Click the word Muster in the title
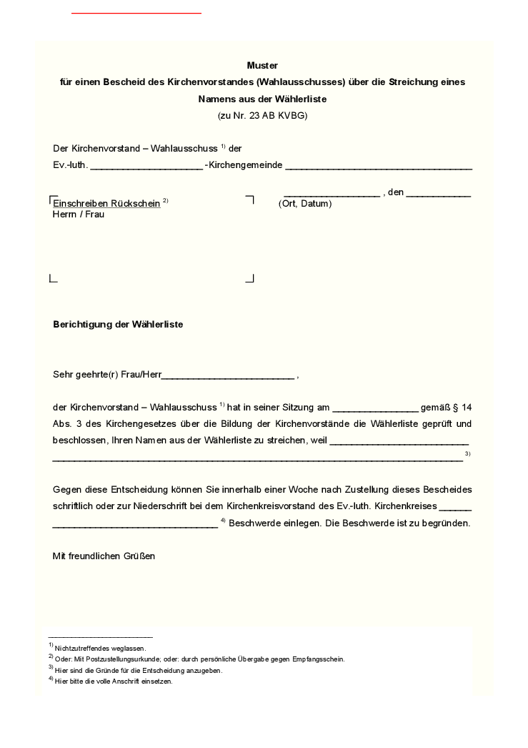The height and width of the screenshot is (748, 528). tap(262, 65)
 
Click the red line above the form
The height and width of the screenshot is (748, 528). tap(136, 13)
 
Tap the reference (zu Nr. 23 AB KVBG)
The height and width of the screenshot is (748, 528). tap(262, 115)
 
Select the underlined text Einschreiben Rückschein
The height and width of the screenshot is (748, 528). tap(106, 203)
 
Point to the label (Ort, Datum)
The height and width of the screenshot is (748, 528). tap(305, 204)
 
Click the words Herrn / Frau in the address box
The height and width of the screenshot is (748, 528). tap(79, 215)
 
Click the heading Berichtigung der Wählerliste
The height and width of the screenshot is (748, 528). tap(118, 324)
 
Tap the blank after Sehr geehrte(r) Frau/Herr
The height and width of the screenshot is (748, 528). tap(228, 375)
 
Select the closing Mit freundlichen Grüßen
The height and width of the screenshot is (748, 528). tap(104, 556)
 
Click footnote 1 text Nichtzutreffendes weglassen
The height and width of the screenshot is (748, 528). tap(100, 648)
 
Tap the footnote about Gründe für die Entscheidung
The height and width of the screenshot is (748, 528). tap(139, 671)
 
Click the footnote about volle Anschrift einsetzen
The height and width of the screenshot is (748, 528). tap(114, 681)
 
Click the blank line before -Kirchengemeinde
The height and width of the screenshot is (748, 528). tap(146, 167)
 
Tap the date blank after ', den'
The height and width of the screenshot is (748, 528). tap(438, 194)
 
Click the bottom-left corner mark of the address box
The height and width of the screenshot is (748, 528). tap(52, 278)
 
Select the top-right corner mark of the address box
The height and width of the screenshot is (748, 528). tap(250, 199)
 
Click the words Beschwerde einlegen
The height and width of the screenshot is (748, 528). tap(274, 523)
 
